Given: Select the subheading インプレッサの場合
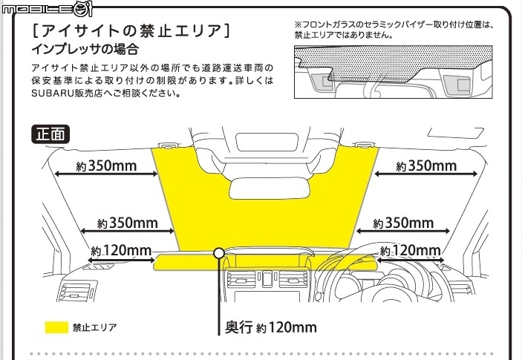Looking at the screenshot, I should point(85,50).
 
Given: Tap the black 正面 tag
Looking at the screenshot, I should point(50,134).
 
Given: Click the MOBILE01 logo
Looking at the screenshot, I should point(47,8).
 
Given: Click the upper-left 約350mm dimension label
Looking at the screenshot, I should point(107,166).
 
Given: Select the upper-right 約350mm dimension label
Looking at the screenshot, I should point(426,166).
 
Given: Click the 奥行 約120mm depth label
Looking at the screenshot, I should point(270,327).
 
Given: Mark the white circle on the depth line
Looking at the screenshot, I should point(219,253).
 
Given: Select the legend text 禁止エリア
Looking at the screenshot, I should point(94,327).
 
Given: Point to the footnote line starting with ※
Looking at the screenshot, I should point(393,24).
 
